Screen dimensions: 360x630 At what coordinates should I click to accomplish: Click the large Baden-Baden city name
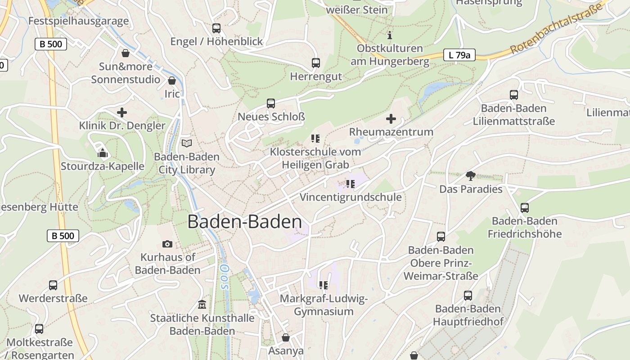tap(244, 222)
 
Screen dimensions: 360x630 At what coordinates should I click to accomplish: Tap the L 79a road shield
tap(459, 55)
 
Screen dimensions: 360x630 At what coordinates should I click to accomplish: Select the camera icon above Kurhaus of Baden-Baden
tap(167, 244)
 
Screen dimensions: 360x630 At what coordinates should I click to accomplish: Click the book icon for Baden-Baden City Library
tap(186, 144)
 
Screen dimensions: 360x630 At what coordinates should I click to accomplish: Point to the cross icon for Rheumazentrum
tap(391, 119)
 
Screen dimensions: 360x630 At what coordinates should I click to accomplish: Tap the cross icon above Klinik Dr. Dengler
tap(122, 112)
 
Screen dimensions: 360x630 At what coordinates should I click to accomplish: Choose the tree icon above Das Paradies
tap(471, 176)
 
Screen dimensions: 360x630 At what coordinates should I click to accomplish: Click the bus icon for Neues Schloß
tap(271, 103)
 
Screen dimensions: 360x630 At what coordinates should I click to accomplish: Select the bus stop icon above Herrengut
tap(316, 63)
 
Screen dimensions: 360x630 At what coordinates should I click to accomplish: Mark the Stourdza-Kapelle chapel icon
tap(103, 153)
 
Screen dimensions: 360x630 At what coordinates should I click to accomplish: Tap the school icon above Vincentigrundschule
tap(351, 184)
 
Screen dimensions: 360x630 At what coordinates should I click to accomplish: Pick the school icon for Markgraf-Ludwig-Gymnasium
tap(324, 285)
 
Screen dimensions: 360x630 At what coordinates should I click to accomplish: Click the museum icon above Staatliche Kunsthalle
tap(202, 305)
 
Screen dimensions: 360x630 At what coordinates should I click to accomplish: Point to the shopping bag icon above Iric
tap(171, 81)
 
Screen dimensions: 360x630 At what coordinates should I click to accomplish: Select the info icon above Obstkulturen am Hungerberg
tap(390, 35)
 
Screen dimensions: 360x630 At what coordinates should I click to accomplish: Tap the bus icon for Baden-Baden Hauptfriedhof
tap(468, 296)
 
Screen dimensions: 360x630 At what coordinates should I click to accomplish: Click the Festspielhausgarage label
tap(78, 21)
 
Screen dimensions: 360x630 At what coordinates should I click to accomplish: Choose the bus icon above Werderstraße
tap(53, 285)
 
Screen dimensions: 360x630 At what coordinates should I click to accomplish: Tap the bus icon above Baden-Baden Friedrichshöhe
tap(525, 208)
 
